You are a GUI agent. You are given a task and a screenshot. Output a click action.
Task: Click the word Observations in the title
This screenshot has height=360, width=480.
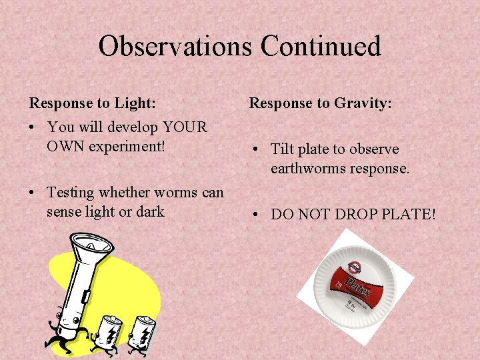click(x=176, y=46)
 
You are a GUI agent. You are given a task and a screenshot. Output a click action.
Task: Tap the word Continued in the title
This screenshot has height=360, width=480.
click(x=321, y=46)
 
